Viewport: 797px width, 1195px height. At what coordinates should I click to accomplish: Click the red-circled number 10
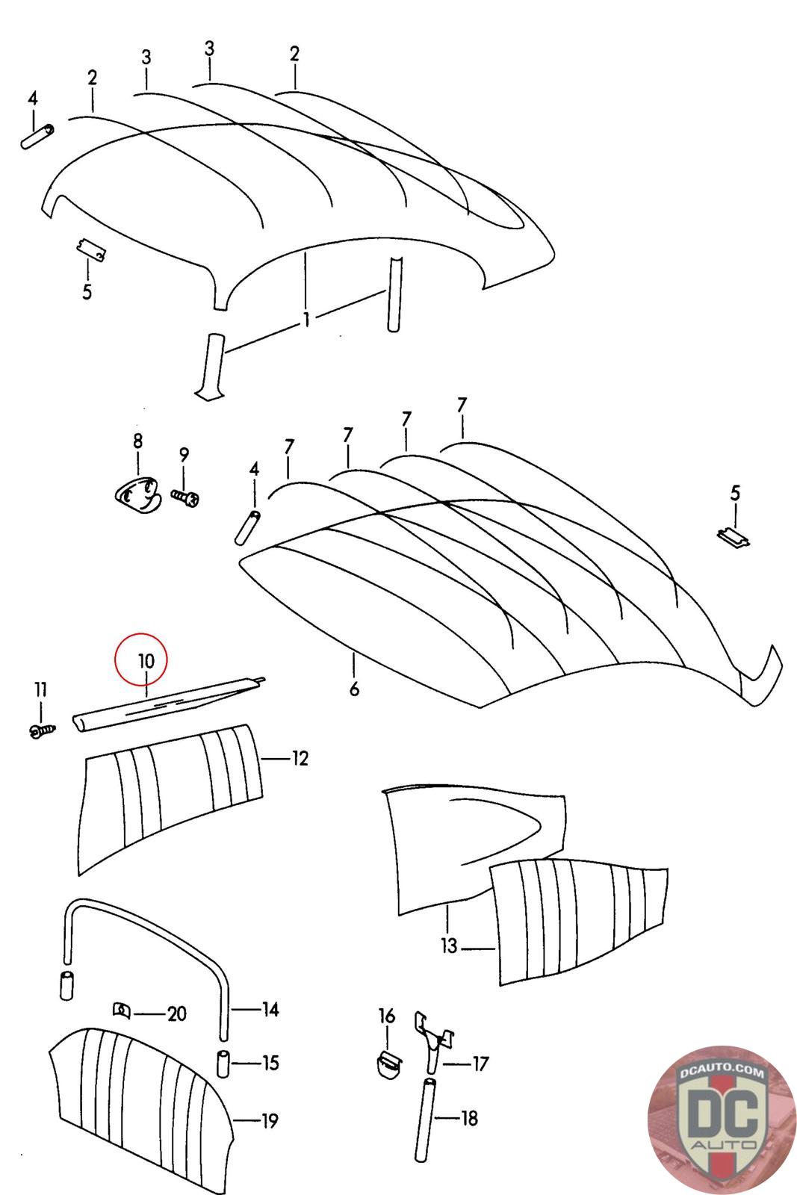coord(146,660)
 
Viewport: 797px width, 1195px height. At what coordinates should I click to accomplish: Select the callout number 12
coord(299,759)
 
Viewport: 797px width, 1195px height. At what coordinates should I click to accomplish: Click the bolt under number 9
coord(185,497)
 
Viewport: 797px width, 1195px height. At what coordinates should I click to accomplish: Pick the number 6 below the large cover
coord(354,687)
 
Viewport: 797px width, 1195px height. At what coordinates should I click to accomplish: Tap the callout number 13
coord(448,946)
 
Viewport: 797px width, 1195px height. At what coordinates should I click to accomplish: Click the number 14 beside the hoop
coord(270,1010)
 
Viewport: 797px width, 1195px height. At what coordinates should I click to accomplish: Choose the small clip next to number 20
coord(121,1011)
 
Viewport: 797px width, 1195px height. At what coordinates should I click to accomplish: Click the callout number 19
coord(269,1120)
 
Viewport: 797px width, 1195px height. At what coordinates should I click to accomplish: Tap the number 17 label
coord(480,1063)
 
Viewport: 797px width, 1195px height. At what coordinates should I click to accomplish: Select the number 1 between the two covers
coord(306,320)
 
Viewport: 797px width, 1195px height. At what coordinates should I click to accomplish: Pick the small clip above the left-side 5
coord(91,249)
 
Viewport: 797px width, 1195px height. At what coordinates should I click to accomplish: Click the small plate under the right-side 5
coord(734,536)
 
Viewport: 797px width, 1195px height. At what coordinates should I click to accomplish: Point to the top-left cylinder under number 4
coord(37,137)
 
